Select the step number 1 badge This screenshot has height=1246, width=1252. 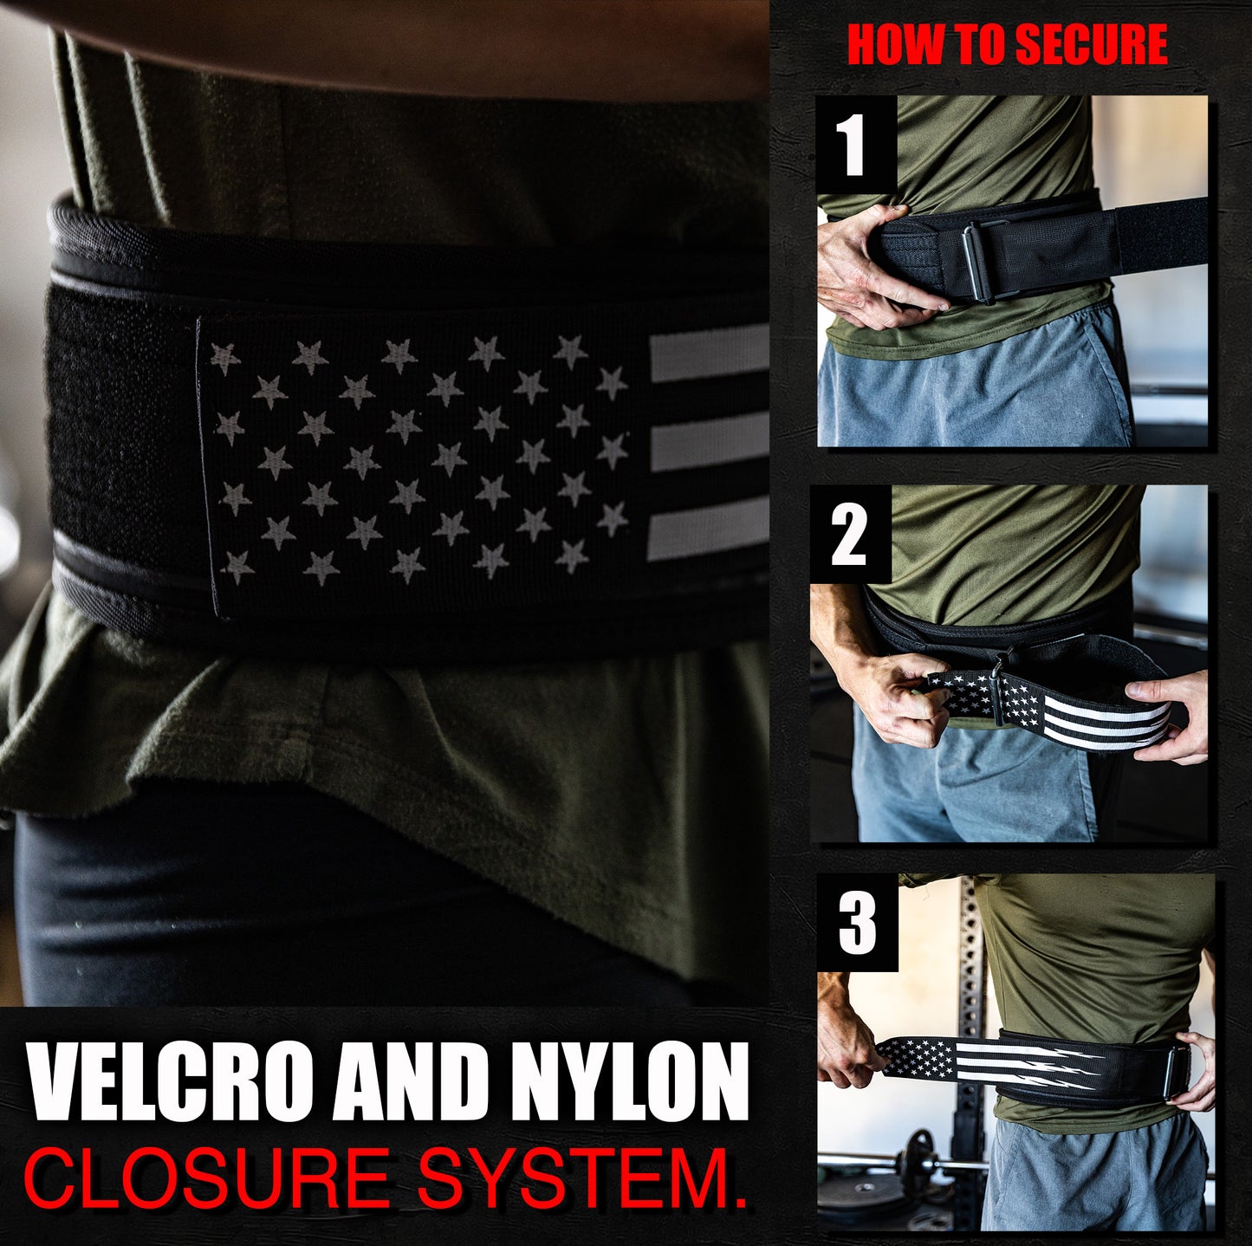(856, 145)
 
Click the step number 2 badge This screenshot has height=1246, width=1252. (849, 534)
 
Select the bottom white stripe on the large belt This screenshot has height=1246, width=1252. (708, 528)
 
